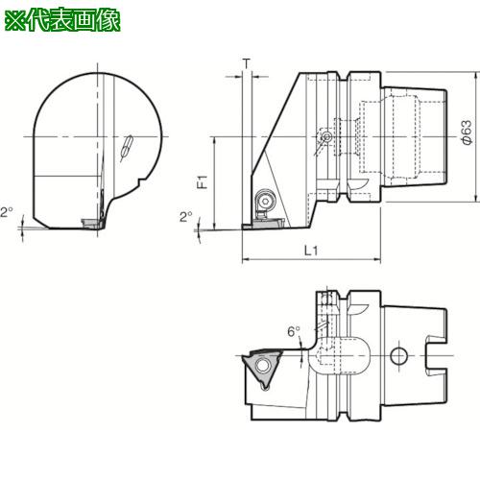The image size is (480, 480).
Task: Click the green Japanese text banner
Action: (x=62, y=20)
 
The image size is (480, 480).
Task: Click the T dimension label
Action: (x=247, y=64)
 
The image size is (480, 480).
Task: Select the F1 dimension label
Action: (x=203, y=181)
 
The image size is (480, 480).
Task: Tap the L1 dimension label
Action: (x=311, y=251)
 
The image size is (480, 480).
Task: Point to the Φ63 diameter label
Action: (x=467, y=132)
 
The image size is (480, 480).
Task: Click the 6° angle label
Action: (x=294, y=331)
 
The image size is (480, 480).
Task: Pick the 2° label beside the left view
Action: (x=7, y=212)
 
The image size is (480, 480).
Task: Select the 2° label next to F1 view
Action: (x=186, y=217)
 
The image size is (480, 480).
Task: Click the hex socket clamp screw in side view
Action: (x=265, y=201)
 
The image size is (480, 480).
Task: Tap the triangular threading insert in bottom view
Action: (x=261, y=368)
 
